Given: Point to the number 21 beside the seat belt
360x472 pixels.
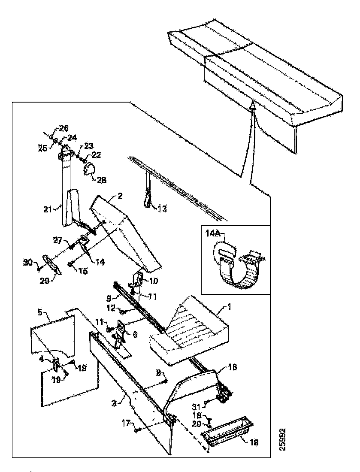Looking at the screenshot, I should point(59,209).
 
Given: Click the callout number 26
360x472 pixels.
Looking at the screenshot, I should point(64,128).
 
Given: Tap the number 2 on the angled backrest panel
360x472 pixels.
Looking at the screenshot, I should point(121,197).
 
